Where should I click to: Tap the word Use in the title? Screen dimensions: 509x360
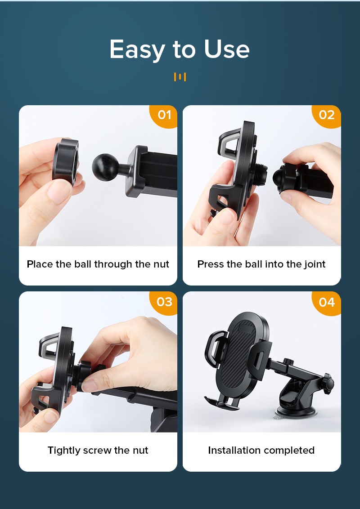coord(226,49)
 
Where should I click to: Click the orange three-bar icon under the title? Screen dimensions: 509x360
coord(180,77)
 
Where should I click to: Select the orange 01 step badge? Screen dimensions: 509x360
coord(164,115)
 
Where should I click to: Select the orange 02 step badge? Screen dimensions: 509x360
coord(327,115)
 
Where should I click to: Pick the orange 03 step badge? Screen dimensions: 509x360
coord(164,302)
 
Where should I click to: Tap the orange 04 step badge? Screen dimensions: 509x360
coord(327,302)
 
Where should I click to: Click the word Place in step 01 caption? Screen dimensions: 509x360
coord(40,264)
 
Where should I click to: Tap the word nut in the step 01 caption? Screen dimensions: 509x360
coord(161,264)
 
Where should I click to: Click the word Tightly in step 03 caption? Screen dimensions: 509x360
coord(63,450)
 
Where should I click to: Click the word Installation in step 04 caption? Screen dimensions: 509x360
coord(234,450)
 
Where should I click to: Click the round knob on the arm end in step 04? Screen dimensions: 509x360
coord(329,384)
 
